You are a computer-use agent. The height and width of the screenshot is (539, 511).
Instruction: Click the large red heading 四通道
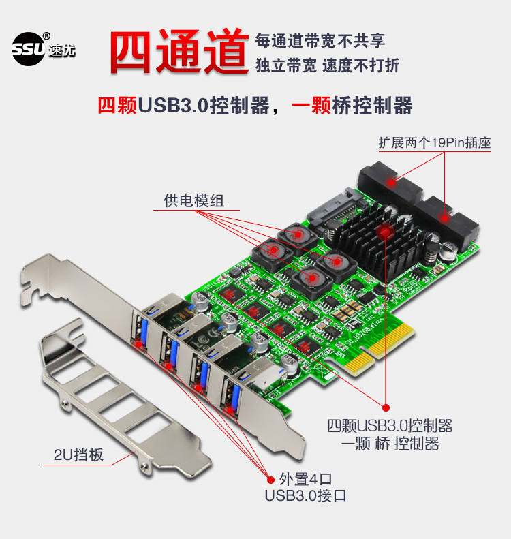click(179, 51)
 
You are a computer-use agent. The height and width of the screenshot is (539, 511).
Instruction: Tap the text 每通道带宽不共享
click(320, 40)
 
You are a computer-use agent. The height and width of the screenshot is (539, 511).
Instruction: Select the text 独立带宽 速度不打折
click(327, 65)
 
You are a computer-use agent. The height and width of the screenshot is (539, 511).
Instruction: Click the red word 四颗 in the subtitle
click(117, 106)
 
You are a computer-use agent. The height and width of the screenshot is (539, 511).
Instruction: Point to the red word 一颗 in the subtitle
click(312, 106)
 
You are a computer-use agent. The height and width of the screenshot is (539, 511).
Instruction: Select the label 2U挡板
click(78, 455)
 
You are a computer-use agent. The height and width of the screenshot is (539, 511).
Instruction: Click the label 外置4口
click(305, 478)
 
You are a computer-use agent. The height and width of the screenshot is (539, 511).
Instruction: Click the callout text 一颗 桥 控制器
click(389, 444)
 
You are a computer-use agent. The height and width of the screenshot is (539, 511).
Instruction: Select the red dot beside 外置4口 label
click(265, 478)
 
